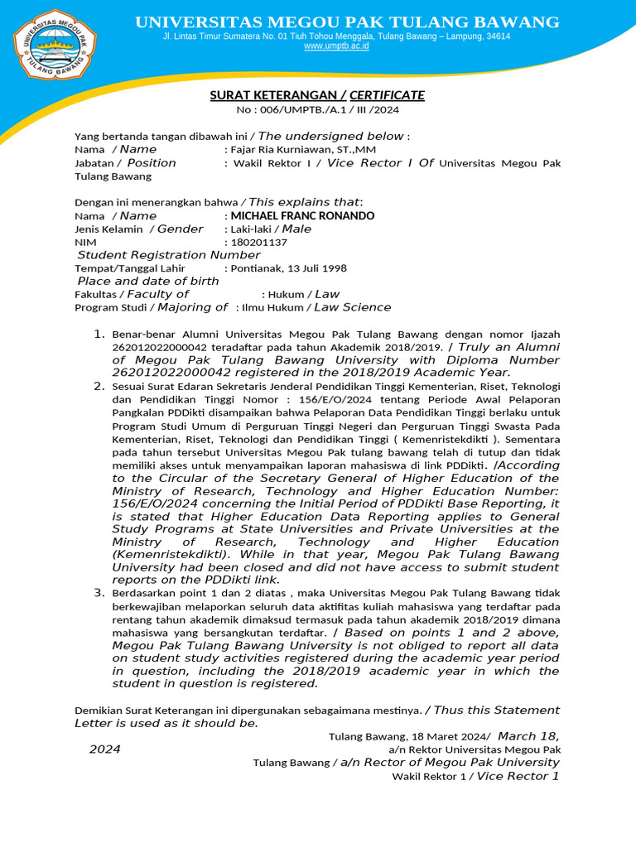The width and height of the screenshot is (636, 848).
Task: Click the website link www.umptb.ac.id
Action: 336,46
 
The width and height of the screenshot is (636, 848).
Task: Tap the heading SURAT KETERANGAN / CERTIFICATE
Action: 317,95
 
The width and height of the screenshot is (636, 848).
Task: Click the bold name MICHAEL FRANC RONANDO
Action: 302,216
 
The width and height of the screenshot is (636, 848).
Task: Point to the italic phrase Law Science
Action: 352,307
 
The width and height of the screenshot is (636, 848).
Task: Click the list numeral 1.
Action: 98,334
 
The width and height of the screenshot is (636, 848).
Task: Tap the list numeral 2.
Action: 98,386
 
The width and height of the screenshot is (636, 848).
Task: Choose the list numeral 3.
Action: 98,593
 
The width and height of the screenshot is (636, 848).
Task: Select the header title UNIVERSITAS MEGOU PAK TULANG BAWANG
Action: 347,22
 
